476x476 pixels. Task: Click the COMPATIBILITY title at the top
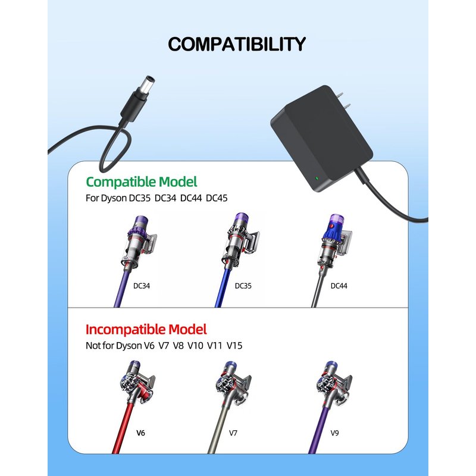(x=237, y=44)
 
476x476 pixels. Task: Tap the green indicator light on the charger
(x=317, y=178)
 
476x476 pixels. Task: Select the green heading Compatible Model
(x=142, y=182)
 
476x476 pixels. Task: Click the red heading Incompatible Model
(x=146, y=330)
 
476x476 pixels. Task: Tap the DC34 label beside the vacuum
(x=142, y=286)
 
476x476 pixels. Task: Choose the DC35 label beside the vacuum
(x=243, y=286)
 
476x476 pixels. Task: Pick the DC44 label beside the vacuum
(x=339, y=286)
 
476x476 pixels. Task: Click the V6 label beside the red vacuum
(x=140, y=433)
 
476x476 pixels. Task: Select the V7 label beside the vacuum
(x=233, y=433)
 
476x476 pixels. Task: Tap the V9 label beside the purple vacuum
(x=334, y=433)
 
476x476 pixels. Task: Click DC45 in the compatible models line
(x=217, y=198)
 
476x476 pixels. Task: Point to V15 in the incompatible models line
(x=234, y=346)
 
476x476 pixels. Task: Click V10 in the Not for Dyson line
(x=195, y=346)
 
